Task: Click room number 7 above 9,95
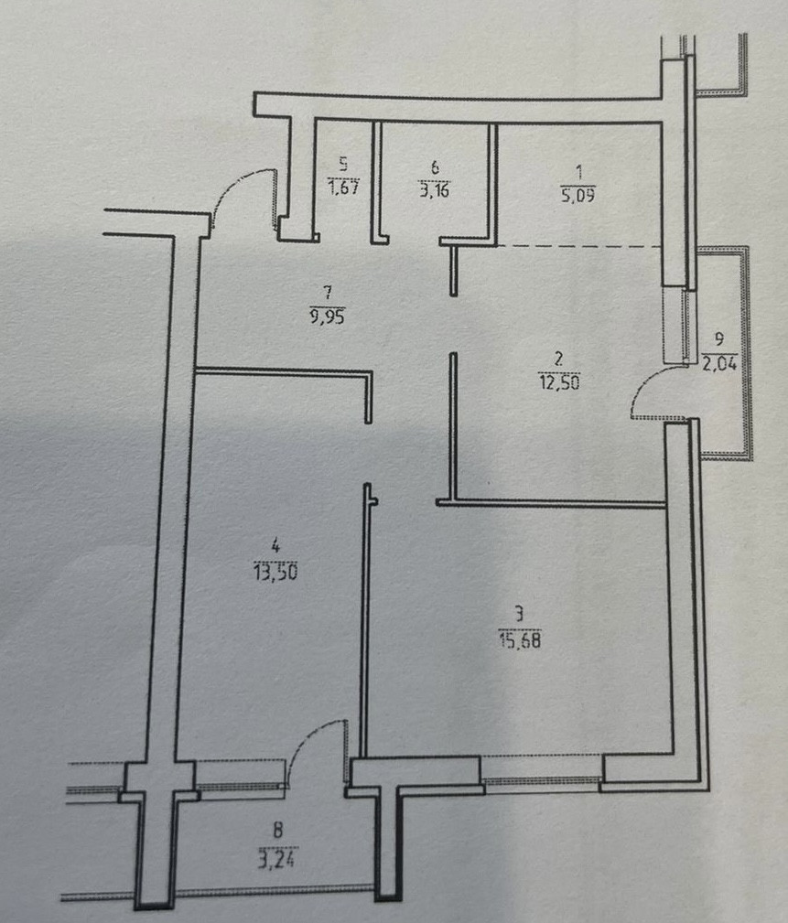327,294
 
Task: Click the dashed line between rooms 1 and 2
577,246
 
